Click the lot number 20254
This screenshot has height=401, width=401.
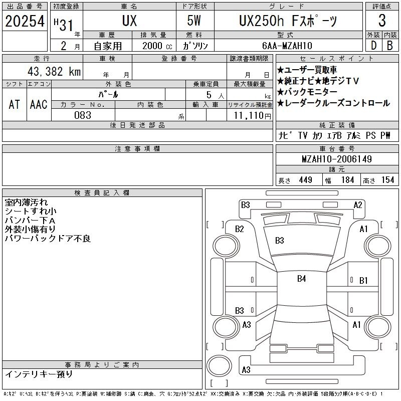click(x=25, y=21)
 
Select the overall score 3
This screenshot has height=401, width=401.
click(x=382, y=21)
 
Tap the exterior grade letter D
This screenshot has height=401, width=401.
click(x=373, y=46)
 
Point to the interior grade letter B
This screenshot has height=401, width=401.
click(x=390, y=46)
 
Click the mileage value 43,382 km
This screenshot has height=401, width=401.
click(x=54, y=72)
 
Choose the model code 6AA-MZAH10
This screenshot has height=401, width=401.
click(x=287, y=46)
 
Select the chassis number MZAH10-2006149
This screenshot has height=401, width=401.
click(x=337, y=159)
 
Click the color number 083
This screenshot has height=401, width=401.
click(x=83, y=115)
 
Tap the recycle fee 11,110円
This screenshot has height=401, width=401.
click(x=253, y=116)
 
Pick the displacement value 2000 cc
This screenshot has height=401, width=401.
click(x=157, y=46)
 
